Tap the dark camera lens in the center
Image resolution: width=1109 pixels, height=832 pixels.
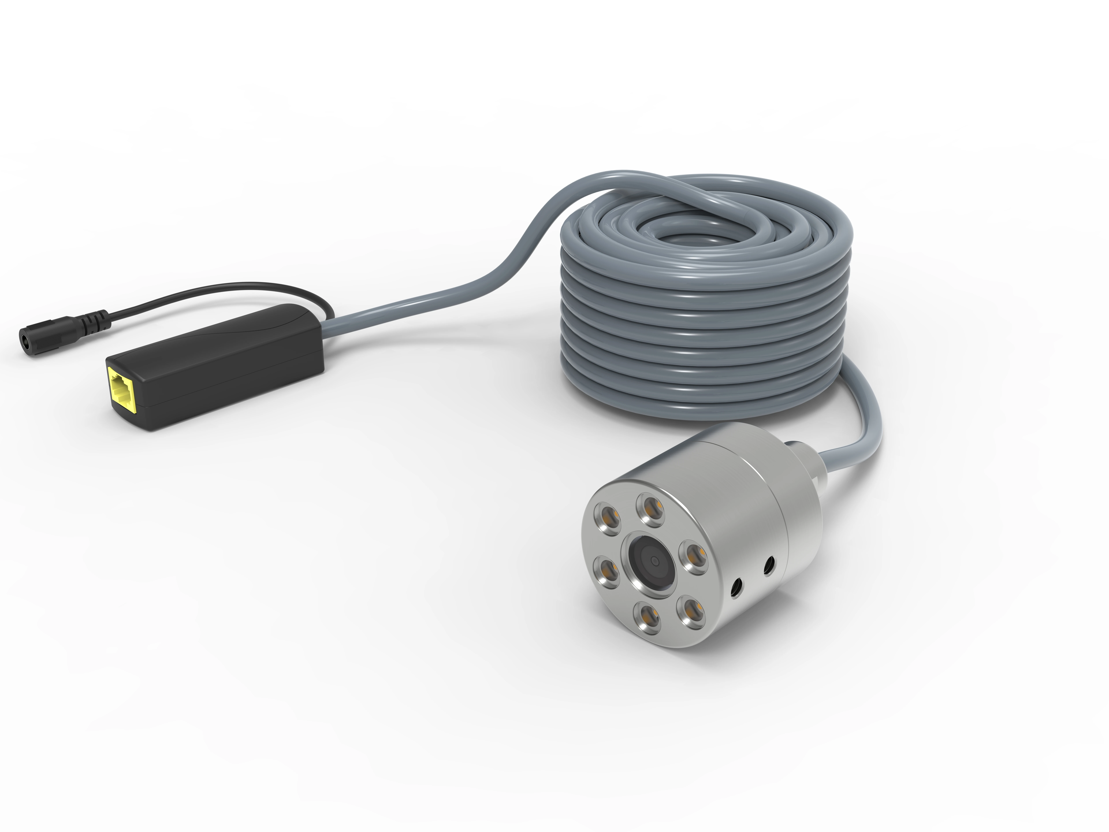653,560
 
